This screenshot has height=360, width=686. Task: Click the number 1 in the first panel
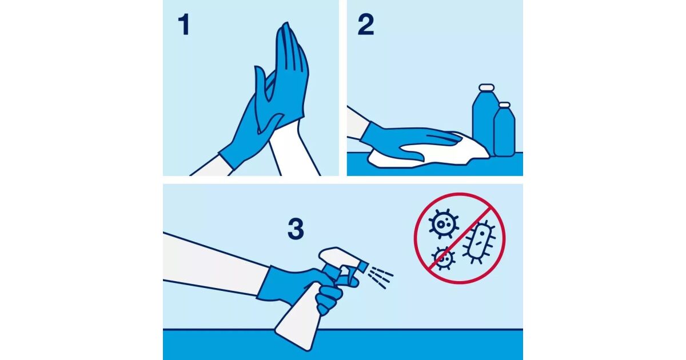[184, 25]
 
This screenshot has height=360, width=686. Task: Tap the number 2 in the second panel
[366, 25]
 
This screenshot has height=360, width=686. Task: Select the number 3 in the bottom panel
[296, 229]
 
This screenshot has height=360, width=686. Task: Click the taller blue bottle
[484, 122]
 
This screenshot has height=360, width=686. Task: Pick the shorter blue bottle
[504, 132]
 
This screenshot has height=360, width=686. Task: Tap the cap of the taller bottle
[486, 87]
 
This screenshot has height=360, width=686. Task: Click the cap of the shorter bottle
[504, 105]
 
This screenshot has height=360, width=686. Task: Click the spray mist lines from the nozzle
[380, 277]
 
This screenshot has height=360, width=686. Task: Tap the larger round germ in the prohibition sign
[443, 224]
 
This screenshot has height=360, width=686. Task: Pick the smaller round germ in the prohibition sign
[443, 259]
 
